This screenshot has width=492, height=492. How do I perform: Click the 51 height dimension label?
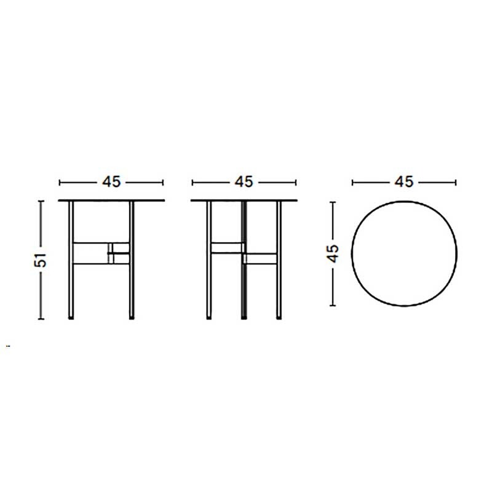[x=41, y=260]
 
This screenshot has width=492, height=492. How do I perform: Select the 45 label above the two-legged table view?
[x=111, y=182]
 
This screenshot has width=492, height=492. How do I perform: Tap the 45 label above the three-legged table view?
[x=244, y=182]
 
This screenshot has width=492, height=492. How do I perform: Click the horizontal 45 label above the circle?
[x=403, y=182]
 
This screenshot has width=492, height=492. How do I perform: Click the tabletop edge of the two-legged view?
[x=111, y=200]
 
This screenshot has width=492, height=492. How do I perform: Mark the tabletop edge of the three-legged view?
[x=244, y=200]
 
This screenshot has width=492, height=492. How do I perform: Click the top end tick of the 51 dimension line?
[x=41, y=200]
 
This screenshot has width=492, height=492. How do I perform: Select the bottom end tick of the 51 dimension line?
[x=41, y=319]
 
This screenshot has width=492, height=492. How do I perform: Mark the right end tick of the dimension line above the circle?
[x=456, y=182]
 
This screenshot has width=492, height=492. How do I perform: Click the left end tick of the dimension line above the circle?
[x=352, y=182]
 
